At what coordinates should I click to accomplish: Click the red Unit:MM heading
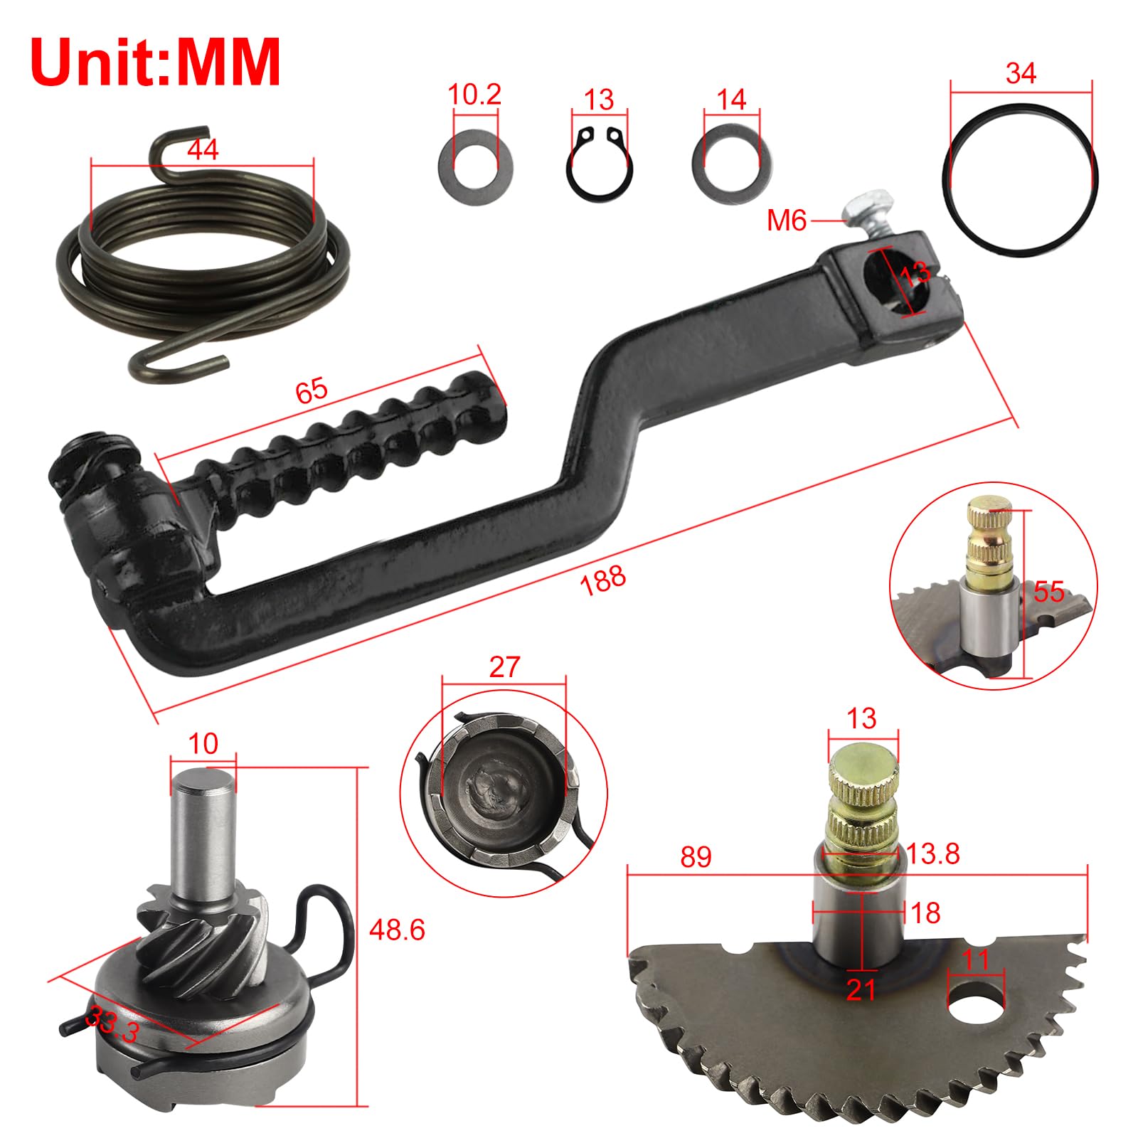[156, 63]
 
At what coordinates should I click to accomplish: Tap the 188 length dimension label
[603, 580]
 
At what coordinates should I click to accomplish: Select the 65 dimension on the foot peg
[312, 390]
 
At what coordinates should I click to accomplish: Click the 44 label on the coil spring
[203, 149]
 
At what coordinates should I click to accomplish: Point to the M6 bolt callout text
[787, 221]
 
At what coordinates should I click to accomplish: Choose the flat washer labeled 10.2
[476, 164]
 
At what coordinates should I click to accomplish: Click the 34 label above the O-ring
[1021, 73]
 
